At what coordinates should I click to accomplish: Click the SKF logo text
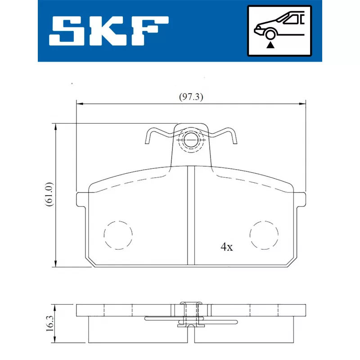coord(109,31)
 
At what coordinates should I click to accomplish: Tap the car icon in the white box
coord(279,26)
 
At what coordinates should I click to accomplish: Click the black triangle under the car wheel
coord(270,45)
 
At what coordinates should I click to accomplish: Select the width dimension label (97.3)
coord(191,97)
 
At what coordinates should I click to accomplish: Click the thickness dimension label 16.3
coord(50,323)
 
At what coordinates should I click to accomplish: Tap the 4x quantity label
coord(227,247)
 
